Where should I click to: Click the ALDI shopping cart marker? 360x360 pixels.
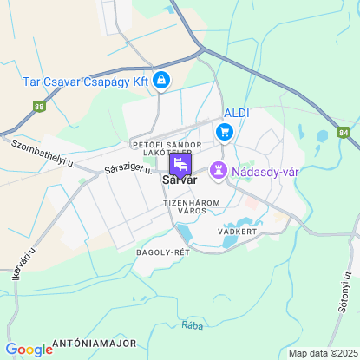pos(226,132)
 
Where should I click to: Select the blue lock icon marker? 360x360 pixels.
pos(161,81)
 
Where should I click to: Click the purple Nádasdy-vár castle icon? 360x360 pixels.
pos(219,172)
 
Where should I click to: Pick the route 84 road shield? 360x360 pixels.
pos(344,133)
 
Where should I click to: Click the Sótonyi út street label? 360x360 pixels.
pos(344,292)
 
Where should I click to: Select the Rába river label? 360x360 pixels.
pos(193,325)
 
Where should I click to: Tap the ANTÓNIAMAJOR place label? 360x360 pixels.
pos(92,344)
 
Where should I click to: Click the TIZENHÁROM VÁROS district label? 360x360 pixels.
pos(192,206)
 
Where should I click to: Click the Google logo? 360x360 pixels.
pos(29,349)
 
